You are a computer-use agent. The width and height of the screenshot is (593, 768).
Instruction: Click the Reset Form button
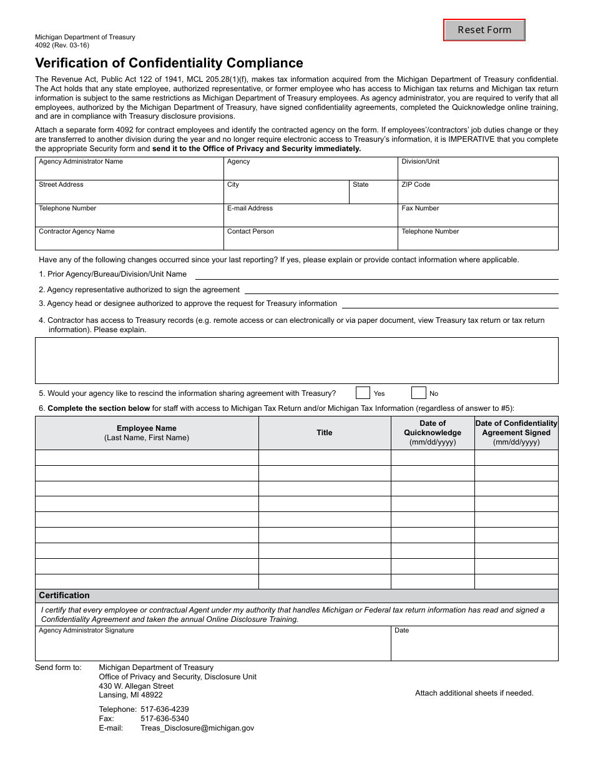pos(484,30)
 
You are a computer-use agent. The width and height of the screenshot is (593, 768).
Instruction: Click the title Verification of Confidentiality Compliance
pos(169,63)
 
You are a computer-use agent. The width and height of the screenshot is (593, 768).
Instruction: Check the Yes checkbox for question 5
pos(363,393)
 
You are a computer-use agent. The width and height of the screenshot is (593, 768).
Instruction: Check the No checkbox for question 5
pos(418,393)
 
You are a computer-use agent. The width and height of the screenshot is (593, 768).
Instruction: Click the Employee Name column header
pos(147,433)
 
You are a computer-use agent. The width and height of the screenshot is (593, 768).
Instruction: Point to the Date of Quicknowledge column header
pos(433,433)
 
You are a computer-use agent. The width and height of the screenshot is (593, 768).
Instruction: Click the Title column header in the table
pos(325,433)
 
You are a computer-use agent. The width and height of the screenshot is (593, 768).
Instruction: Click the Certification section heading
pos(64,596)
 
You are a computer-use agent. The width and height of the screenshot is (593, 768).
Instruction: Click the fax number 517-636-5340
pos(165,719)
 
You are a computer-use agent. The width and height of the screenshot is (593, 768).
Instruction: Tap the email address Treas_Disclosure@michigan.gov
pos(197,728)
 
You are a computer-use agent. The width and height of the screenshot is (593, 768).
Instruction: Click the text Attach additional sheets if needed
pos(474,693)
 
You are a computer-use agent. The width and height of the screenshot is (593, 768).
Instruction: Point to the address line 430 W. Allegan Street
pos(136,686)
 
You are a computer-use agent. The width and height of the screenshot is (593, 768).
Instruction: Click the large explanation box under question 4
pos(296,360)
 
